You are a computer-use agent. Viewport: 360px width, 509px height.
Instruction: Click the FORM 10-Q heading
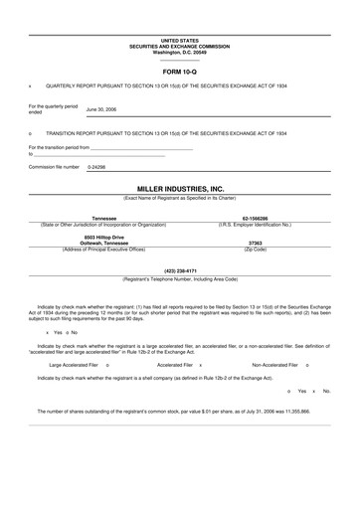[x=180, y=74]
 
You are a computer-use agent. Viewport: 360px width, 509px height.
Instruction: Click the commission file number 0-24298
[x=96, y=167]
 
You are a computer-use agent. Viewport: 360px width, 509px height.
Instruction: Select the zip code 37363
[x=255, y=242]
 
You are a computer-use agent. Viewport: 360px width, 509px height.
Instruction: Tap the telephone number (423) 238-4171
[x=180, y=270]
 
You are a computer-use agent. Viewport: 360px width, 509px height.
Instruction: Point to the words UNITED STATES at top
[x=180, y=40]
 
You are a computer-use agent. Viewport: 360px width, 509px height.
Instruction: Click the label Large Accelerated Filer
[x=60, y=366]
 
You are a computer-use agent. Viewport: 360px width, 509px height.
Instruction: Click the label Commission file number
[x=54, y=167]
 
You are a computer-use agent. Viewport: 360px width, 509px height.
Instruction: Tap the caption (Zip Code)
[x=255, y=248]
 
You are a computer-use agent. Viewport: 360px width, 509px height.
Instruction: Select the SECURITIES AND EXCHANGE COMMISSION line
[x=180, y=45]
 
